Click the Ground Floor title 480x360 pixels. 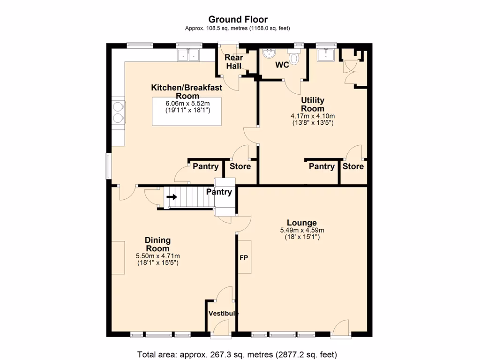pos(238,19)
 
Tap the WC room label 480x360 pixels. pos(282,65)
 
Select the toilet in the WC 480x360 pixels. pos(294,58)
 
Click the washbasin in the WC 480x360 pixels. pos(269,54)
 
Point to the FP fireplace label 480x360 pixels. pos(244,257)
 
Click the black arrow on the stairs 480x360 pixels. pos(172,197)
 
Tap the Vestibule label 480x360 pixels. pos(223,314)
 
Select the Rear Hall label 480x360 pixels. pos(234,62)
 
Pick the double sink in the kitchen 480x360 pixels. pos(189,56)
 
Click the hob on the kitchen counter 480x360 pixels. pos(118,112)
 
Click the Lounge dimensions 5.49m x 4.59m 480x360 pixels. pos(302,230)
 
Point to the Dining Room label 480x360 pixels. pos(157,244)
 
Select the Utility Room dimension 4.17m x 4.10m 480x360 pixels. pos(313,116)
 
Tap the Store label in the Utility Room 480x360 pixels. pos(353,166)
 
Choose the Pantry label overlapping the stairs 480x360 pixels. pos(219,192)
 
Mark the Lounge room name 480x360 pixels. pos(302,223)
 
